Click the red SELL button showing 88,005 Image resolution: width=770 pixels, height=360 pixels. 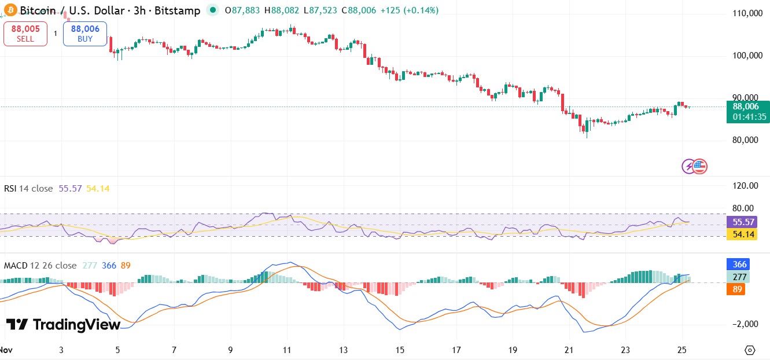25,34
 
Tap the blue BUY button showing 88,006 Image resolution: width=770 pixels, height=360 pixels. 85,34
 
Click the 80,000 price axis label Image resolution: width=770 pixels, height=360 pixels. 746,140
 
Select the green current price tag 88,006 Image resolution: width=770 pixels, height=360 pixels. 749,111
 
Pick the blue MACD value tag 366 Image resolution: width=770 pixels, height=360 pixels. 738,264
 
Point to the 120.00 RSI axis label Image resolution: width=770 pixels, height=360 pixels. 745,186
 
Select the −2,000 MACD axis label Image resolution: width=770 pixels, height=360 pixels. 745,324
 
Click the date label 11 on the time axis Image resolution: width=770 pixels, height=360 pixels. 287,350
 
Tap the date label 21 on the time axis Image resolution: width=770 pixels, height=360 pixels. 569,350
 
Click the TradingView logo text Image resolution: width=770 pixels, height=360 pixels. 64,325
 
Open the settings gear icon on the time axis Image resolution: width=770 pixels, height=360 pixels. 750,350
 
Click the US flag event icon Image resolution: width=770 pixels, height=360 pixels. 701,167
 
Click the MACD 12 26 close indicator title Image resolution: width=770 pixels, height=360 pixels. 40,266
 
